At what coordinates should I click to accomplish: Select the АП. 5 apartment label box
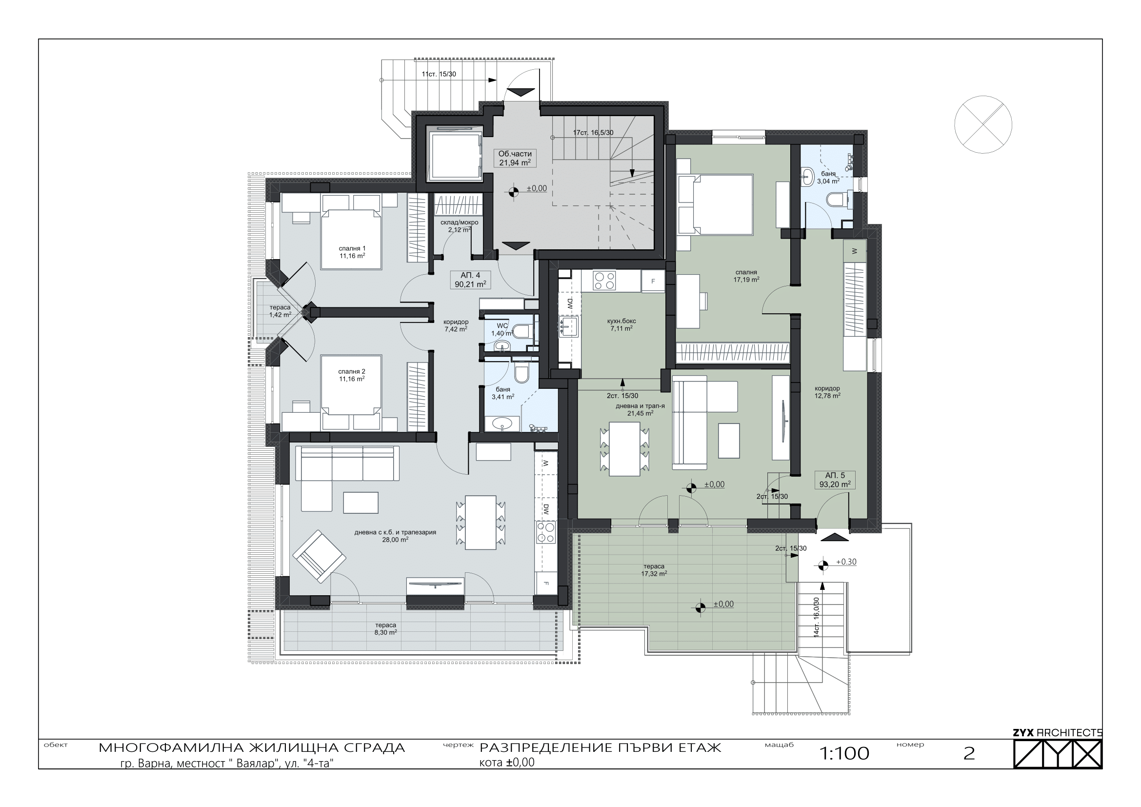pos(835,480)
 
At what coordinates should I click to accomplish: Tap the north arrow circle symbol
pos(983,124)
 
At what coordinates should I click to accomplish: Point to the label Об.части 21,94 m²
pos(515,158)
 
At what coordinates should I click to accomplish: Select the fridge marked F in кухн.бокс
pos(653,281)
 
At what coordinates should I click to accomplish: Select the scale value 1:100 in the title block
pos(844,754)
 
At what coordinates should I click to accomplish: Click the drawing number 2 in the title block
pos(969,754)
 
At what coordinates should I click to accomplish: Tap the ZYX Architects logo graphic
pos(1058,753)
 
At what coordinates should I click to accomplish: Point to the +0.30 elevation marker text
pos(846,562)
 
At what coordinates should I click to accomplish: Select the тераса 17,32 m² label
pos(654,569)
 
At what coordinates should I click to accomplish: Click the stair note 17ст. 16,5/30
pos(593,133)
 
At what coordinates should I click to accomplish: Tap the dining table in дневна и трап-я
pos(625,449)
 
